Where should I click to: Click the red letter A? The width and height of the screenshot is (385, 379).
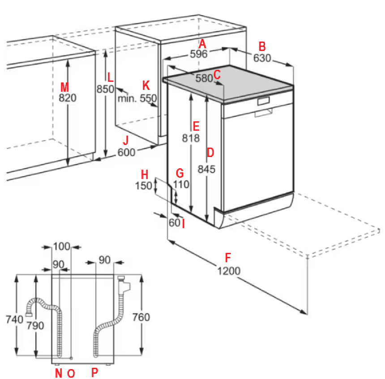(202, 44)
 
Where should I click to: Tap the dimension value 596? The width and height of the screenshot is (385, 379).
(199, 54)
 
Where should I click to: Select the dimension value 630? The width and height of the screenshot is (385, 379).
(262, 58)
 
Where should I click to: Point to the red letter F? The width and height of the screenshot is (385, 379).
(228, 258)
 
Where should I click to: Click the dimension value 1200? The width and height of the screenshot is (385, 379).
(229, 271)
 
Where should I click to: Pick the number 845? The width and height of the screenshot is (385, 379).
(206, 170)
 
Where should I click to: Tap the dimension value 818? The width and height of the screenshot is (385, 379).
(191, 138)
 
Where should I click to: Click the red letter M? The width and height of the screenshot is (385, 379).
(64, 87)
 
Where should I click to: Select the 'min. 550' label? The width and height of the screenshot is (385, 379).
(137, 98)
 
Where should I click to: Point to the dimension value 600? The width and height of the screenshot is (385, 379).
(126, 153)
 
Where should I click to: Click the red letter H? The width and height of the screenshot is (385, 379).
(145, 175)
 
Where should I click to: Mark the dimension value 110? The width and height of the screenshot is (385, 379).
(181, 185)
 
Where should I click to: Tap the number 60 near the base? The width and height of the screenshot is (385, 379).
(175, 223)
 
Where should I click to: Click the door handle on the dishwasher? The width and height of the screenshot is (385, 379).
(264, 101)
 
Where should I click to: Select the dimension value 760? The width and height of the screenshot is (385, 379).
(141, 317)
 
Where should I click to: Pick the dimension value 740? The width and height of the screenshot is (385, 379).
(14, 319)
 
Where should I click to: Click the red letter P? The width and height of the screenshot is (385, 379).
(95, 373)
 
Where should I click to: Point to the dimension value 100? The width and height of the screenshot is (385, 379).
(62, 247)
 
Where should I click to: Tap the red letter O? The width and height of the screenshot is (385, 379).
(71, 374)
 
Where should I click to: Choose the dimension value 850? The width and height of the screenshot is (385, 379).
(105, 89)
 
